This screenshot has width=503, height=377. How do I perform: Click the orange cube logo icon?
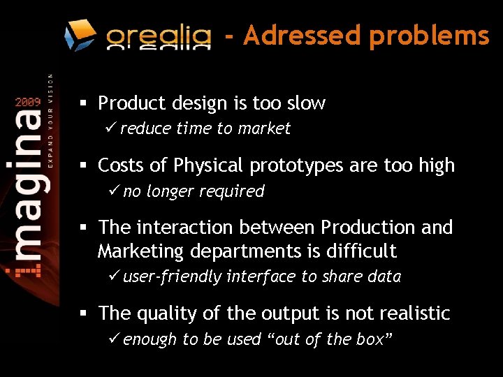click(80, 35)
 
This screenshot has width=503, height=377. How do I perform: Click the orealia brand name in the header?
click(159, 36)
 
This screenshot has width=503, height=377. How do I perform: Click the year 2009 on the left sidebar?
click(28, 102)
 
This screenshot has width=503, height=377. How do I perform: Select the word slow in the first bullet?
click(305, 103)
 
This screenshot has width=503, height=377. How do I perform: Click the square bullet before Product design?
click(82, 104)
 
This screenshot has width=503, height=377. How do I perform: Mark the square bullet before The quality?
click(82, 314)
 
